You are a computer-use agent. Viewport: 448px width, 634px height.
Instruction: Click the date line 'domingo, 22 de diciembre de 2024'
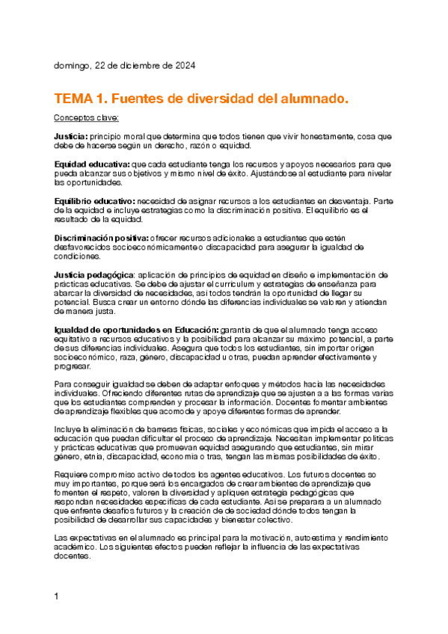pyautogui.click(x=124, y=66)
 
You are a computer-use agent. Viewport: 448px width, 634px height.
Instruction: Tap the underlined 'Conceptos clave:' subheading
pyautogui.click(x=86, y=118)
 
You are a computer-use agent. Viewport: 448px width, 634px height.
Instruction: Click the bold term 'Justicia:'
pyautogui.click(x=70, y=137)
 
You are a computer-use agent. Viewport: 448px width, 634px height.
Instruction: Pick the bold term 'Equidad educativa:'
pyautogui.click(x=92, y=164)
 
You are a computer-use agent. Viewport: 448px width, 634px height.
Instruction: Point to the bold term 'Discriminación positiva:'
pyautogui.click(x=100, y=237)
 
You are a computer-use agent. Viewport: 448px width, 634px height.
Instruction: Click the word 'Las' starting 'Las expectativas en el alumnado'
pyautogui.click(x=61, y=518)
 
